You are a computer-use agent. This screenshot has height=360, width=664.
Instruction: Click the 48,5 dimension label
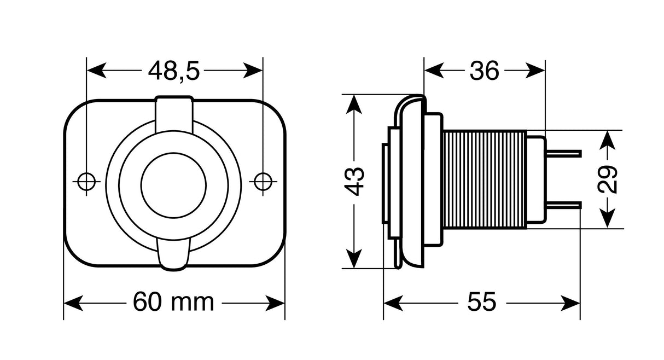tap(174, 71)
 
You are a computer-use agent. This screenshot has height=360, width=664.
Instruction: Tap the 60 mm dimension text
tap(173, 301)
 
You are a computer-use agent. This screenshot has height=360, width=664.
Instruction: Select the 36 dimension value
tap(485, 71)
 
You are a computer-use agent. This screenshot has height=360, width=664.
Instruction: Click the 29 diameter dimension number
tap(608, 179)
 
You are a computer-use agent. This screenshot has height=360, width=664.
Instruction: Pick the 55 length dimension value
tap(481, 301)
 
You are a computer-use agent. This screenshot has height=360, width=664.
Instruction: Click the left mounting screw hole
tap(86, 182)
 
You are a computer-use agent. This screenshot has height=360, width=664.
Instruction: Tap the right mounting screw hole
tap(263, 182)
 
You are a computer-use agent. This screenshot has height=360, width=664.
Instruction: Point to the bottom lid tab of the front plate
tap(174, 255)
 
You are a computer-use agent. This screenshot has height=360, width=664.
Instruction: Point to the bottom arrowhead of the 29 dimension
tap(608, 221)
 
